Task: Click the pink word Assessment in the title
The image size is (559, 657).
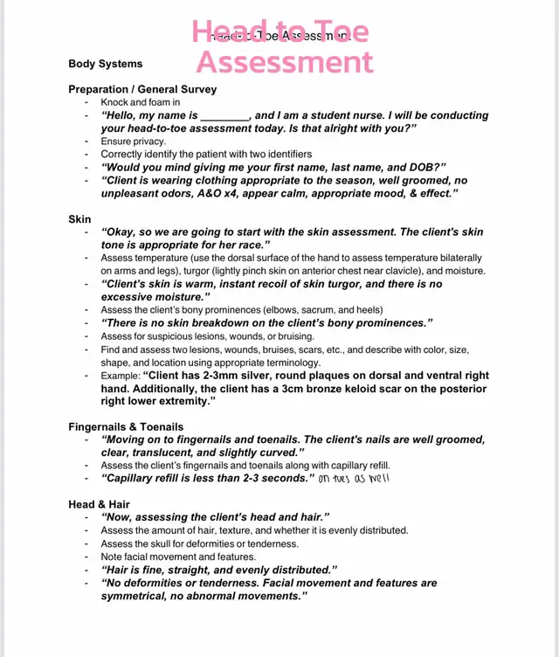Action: tap(286, 61)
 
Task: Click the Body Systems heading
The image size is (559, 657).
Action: tap(105, 64)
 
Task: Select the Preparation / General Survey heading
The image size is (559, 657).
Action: tap(142, 89)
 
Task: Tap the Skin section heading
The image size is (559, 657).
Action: tap(79, 218)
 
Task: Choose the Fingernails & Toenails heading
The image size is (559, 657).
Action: tap(126, 426)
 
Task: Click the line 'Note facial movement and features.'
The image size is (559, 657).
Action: tap(178, 557)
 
